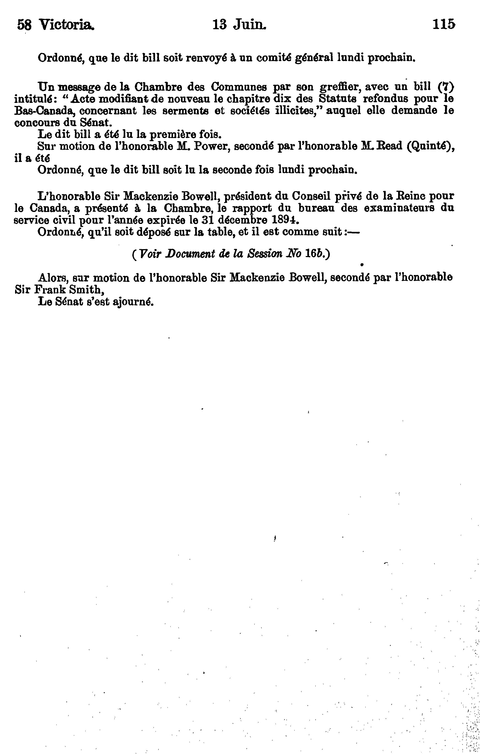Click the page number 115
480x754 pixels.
(443, 24)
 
